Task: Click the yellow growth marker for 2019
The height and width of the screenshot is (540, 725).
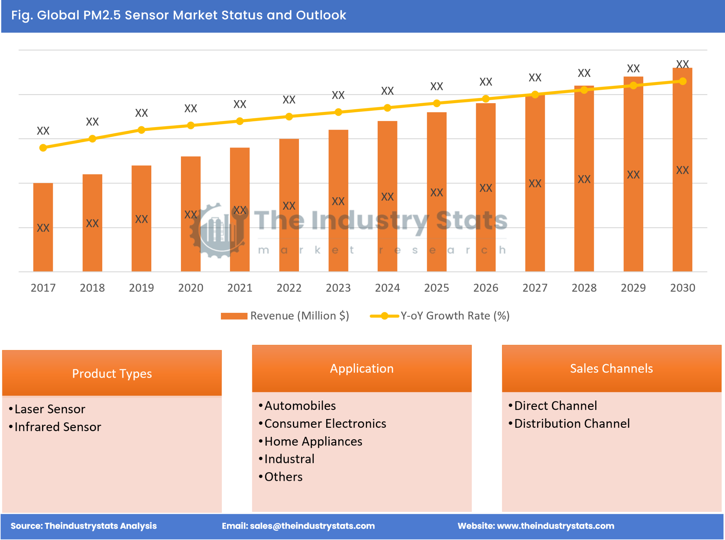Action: click(x=142, y=130)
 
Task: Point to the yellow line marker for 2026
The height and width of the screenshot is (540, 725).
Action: click(x=486, y=99)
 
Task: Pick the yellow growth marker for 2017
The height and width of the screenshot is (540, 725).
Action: click(x=43, y=148)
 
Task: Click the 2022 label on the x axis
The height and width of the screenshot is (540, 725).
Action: click(x=289, y=288)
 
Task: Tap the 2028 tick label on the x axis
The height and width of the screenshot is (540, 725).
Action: click(x=584, y=288)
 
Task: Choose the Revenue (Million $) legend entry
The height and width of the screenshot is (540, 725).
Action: click(x=285, y=316)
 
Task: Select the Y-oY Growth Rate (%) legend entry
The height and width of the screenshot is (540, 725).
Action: click(x=440, y=316)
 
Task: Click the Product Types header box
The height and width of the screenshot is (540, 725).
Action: click(x=112, y=373)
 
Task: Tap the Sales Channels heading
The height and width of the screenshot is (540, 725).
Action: click(x=611, y=368)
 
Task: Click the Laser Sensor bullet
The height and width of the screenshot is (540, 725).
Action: click(x=50, y=409)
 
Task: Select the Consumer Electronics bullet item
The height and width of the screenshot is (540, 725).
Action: click(x=325, y=423)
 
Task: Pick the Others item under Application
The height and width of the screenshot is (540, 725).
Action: click(x=283, y=476)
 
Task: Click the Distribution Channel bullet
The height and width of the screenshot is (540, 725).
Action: click(x=572, y=423)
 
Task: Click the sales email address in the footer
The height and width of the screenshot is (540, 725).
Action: click(x=312, y=526)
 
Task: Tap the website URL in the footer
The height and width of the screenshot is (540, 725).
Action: click(x=555, y=526)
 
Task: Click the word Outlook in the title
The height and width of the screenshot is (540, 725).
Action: click(x=321, y=15)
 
